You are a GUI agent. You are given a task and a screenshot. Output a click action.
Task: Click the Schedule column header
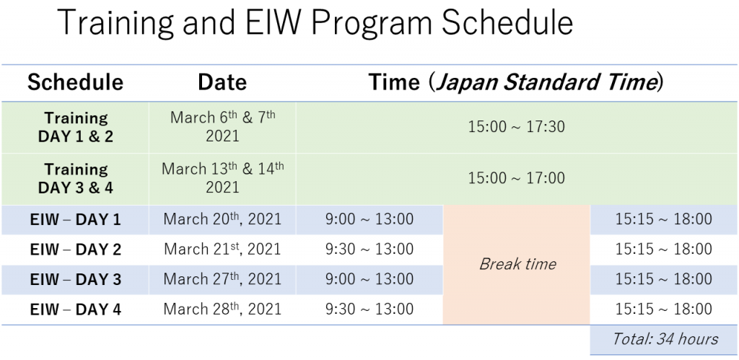[x=75, y=82]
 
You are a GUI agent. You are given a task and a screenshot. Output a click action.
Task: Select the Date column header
[x=222, y=82]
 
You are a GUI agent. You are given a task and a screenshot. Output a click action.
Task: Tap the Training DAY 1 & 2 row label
[x=75, y=127]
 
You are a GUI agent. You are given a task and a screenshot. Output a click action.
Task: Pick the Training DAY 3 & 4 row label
[x=75, y=178]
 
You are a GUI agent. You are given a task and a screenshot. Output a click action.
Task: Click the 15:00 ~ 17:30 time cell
[x=516, y=127]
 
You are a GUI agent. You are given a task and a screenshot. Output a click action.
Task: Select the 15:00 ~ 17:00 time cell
[x=516, y=178]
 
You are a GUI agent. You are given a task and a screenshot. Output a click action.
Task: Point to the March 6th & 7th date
[x=222, y=126]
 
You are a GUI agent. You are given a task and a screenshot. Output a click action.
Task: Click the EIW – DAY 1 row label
[x=75, y=219]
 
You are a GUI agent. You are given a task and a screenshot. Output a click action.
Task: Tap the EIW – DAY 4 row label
[x=75, y=309]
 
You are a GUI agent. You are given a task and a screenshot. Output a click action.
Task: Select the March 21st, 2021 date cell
[x=222, y=249]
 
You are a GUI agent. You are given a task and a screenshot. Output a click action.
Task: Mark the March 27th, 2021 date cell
[x=222, y=279]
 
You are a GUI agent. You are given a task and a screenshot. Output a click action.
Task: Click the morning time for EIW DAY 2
[x=369, y=250]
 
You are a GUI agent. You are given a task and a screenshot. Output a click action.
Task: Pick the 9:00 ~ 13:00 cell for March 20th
[x=369, y=219]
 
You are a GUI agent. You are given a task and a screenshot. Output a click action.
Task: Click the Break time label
[x=517, y=264]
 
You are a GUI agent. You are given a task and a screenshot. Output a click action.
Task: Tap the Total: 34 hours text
[x=665, y=339]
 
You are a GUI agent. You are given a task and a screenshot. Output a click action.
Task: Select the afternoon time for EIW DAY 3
[x=664, y=279]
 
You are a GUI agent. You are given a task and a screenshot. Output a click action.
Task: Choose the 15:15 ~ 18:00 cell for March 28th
[x=664, y=309]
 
